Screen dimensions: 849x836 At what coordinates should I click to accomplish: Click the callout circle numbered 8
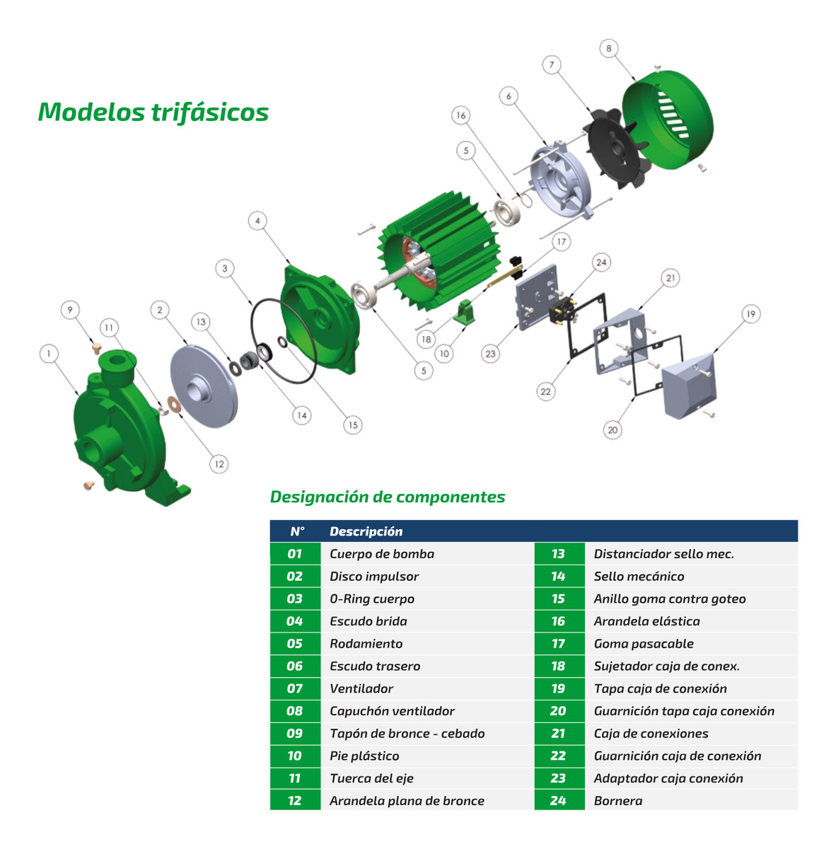click(x=609, y=49)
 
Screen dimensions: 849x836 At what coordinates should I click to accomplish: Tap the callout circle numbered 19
click(x=750, y=314)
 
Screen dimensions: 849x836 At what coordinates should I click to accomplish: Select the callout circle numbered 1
click(x=49, y=354)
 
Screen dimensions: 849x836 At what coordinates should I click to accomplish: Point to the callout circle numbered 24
click(x=601, y=262)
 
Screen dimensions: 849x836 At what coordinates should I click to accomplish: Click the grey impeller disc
click(x=203, y=386)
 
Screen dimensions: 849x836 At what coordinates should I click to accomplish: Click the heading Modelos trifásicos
click(x=153, y=112)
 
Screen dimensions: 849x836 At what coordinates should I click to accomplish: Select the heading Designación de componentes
click(x=388, y=497)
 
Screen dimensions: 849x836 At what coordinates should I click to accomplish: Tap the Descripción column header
click(x=366, y=531)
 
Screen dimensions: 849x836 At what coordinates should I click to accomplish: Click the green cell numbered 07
click(x=295, y=688)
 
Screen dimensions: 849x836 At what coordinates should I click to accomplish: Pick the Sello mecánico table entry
click(x=639, y=577)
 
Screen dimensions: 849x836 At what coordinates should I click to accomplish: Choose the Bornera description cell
click(x=618, y=801)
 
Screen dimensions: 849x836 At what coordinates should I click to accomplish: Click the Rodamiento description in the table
click(x=366, y=644)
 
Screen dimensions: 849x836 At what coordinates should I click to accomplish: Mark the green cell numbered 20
click(x=559, y=711)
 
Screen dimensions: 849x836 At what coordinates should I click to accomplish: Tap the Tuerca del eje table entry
click(x=371, y=778)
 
